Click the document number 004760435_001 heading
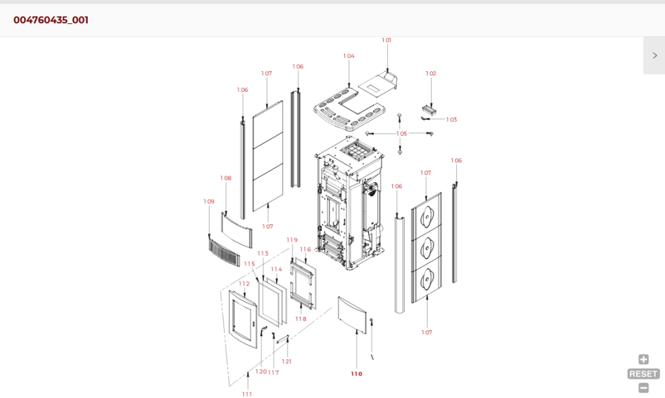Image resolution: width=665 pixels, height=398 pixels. (51, 20)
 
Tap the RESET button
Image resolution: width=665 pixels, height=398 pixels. (643, 374)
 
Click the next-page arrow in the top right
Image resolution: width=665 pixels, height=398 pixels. (655, 56)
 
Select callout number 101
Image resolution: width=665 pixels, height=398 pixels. (386, 40)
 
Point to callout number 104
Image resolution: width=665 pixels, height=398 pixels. (348, 56)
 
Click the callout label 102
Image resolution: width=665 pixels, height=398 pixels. (431, 73)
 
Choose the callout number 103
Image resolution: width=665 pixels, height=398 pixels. (452, 120)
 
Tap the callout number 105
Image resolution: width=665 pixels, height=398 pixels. (402, 134)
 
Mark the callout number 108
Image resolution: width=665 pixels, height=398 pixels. (225, 178)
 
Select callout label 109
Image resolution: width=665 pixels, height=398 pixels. (209, 202)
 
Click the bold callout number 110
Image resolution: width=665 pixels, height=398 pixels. (356, 374)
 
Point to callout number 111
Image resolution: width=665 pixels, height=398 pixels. (247, 394)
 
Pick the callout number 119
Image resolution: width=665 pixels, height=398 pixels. (292, 240)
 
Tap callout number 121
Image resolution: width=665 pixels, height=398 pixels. (287, 361)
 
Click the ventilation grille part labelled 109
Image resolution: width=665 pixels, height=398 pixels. (224, 252)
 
